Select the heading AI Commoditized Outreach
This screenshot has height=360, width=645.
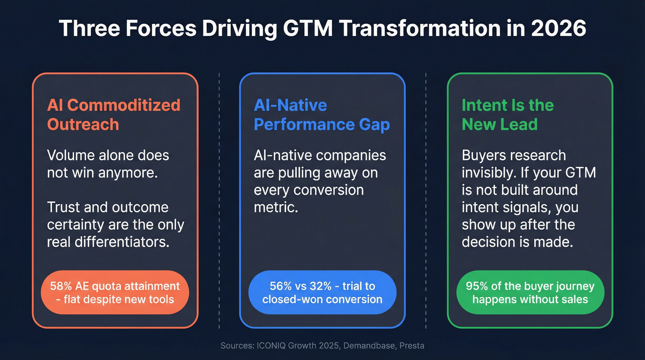click(x=113, y=114)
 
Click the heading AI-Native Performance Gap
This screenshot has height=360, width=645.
click(x=322, y=114)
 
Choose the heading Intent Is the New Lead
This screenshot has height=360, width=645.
click(x=507, y=114)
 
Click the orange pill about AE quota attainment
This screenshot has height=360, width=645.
click(x=115, y=292)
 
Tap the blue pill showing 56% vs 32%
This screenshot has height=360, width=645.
click(x=322, y=292)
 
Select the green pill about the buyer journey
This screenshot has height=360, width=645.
click(x=530, y=292)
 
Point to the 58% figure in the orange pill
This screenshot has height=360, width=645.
click(x=60, y=286)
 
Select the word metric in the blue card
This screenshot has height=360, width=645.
click(x=276, y=207)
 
